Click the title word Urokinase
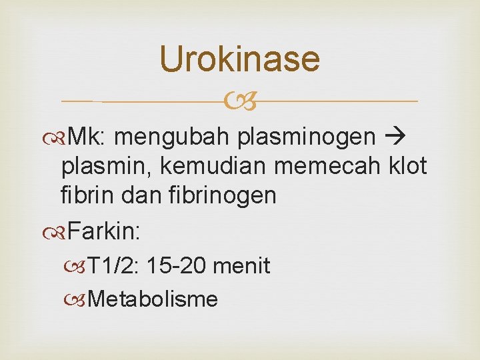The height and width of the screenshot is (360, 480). pyautogui.click(x=240, y=59)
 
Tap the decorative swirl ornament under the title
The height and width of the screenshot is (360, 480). pyautogui.click(x=240, y=101)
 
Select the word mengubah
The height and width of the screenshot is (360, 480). pyautogui.click(x=174, y=137)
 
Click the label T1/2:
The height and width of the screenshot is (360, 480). pyautogui.click(x=113, y=267)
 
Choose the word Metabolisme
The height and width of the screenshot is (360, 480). pyautogui.click(x=152, y=299)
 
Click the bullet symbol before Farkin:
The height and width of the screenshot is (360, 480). pyautogui.click(x=58, y=233)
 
